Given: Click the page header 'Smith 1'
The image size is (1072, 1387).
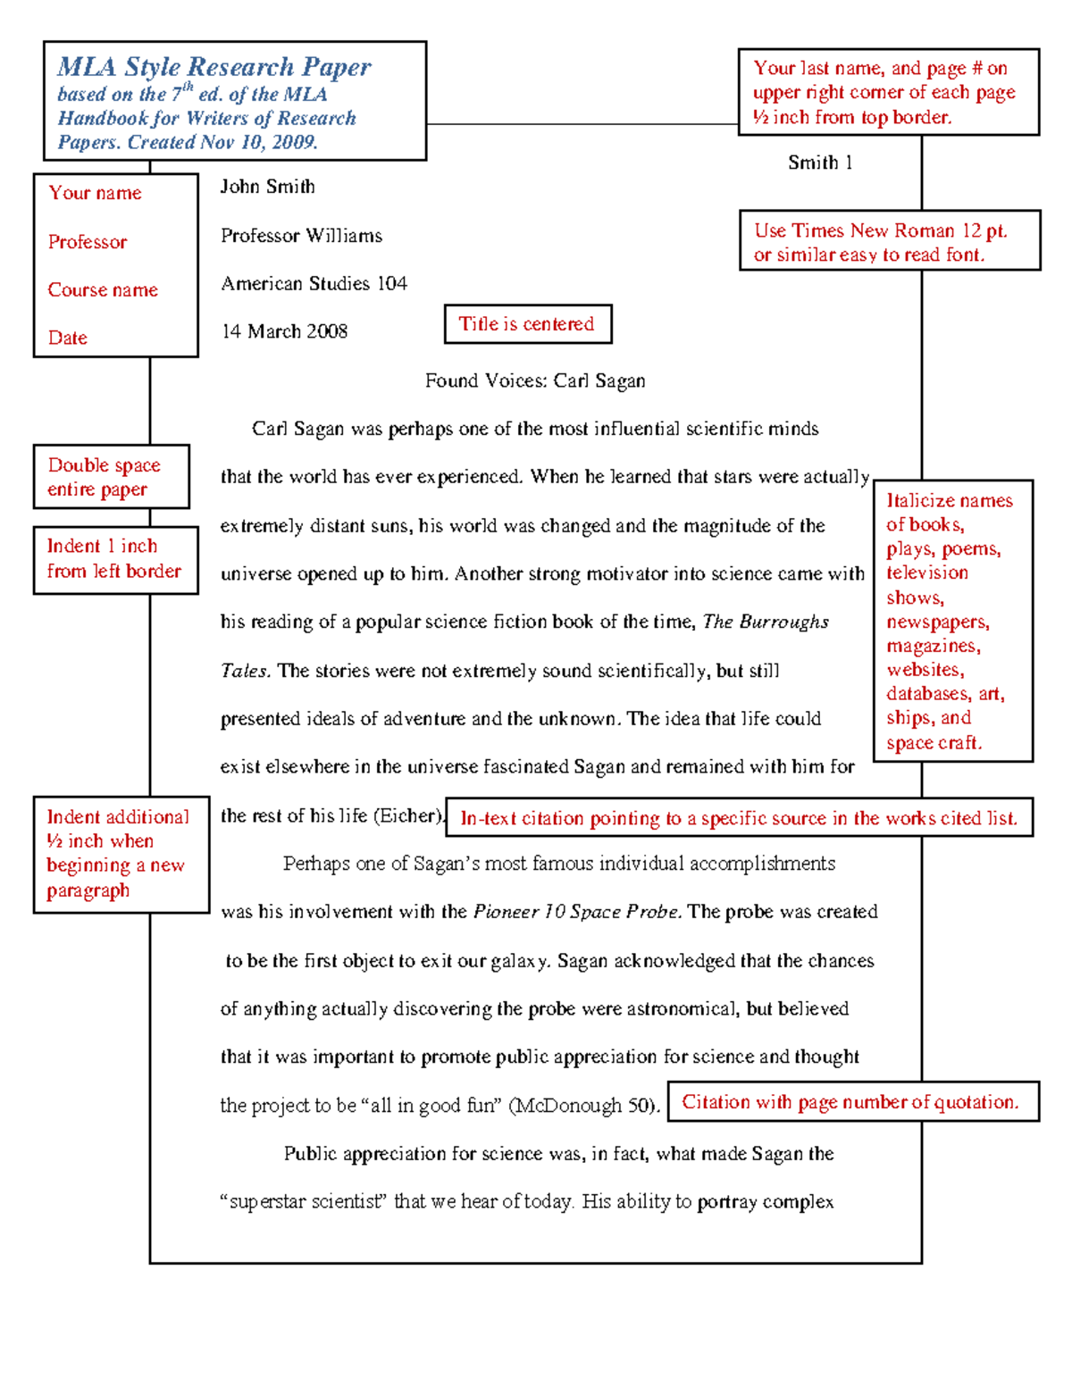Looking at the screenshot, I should [x=820, y=163].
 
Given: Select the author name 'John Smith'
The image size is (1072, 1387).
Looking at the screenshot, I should [x=268, y=187].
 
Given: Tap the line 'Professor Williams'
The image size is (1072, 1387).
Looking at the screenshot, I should [x=301, y=236].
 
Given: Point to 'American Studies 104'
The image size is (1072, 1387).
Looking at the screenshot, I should [x=314, y=284].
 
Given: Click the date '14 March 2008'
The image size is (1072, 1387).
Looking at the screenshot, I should [x=284, y=331].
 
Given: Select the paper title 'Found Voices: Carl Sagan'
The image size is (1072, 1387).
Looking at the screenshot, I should [x=535, y=380].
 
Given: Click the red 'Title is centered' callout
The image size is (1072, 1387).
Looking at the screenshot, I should [x=527, y=324].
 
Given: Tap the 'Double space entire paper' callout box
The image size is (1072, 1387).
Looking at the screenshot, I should [x=112, y=477].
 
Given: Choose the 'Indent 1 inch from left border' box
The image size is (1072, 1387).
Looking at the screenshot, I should [x=115, y=559].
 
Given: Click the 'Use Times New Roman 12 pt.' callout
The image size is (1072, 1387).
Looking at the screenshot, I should [x=890, y=241].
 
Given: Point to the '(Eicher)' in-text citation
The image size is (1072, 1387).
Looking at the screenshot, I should [x=408, y=815].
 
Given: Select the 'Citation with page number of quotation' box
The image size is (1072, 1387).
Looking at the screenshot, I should [x=852, y=1102].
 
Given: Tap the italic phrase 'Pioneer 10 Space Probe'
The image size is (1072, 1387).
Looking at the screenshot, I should [x=577, y=912].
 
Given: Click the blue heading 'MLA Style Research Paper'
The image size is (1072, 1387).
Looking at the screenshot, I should [x=214, y=67].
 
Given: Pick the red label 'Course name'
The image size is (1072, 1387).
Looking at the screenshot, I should [x=103, y=290].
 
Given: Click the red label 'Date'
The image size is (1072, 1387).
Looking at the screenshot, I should [x=68, y=338].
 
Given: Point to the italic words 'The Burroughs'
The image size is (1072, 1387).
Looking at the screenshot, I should [x=766, y=622].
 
